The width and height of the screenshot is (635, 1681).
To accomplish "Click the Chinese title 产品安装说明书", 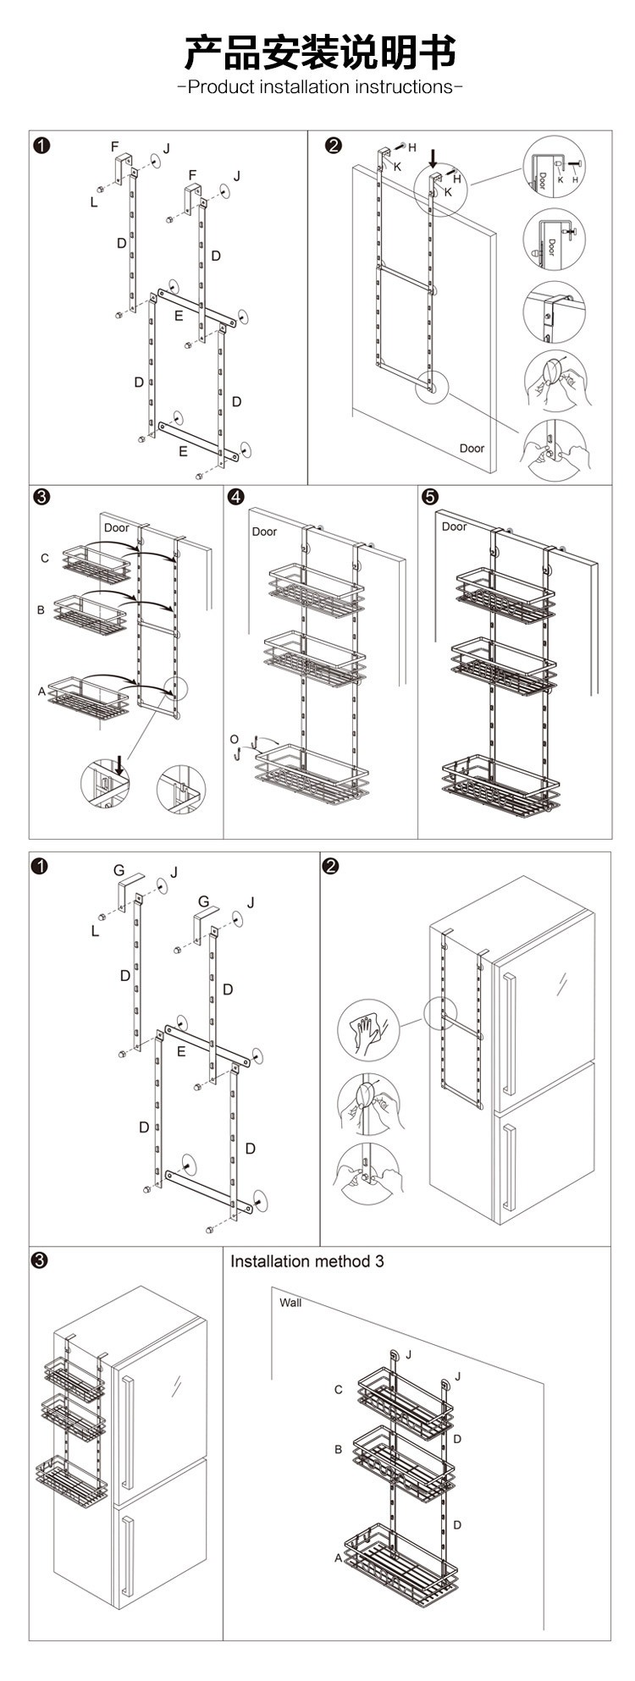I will click(320, 52).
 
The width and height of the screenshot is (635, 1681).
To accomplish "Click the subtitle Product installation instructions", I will click(320, 87).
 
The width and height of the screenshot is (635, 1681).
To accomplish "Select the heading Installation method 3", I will click(306, 1261).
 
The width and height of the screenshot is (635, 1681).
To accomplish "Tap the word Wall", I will click(290, 1302).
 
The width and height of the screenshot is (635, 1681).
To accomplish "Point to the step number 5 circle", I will click(428, 497).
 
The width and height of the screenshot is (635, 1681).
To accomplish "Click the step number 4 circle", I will click(235, 497).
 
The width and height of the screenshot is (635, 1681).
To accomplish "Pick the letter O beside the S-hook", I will click(235, 740).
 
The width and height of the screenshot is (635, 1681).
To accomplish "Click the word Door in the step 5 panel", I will click(454, 526).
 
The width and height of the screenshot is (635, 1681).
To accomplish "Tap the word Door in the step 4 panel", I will click(264, 532).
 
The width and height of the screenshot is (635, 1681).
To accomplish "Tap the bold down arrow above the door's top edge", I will click(433, 157).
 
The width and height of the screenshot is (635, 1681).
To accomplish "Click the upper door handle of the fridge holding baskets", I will click(126, 1431).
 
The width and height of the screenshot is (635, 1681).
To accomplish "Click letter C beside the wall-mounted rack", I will click(338, 1390).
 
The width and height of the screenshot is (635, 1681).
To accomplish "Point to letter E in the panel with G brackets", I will click(181, 1052).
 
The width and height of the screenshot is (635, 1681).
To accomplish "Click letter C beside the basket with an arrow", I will click(44, 558).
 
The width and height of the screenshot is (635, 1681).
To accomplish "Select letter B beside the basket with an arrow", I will click(41, 609).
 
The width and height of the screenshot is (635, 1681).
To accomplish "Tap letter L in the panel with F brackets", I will click(94, 201).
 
